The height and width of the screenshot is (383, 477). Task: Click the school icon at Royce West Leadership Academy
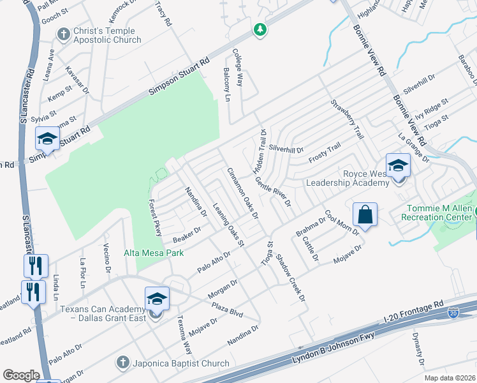click(x=398, y=166)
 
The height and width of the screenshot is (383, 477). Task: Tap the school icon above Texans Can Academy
click(x=157, y=299)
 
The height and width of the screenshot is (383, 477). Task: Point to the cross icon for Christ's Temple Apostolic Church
click(x=63, y=33)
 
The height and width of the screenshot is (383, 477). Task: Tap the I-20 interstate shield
click(x=453, y=313)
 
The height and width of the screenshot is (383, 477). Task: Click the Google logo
click(x=21, y=375)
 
